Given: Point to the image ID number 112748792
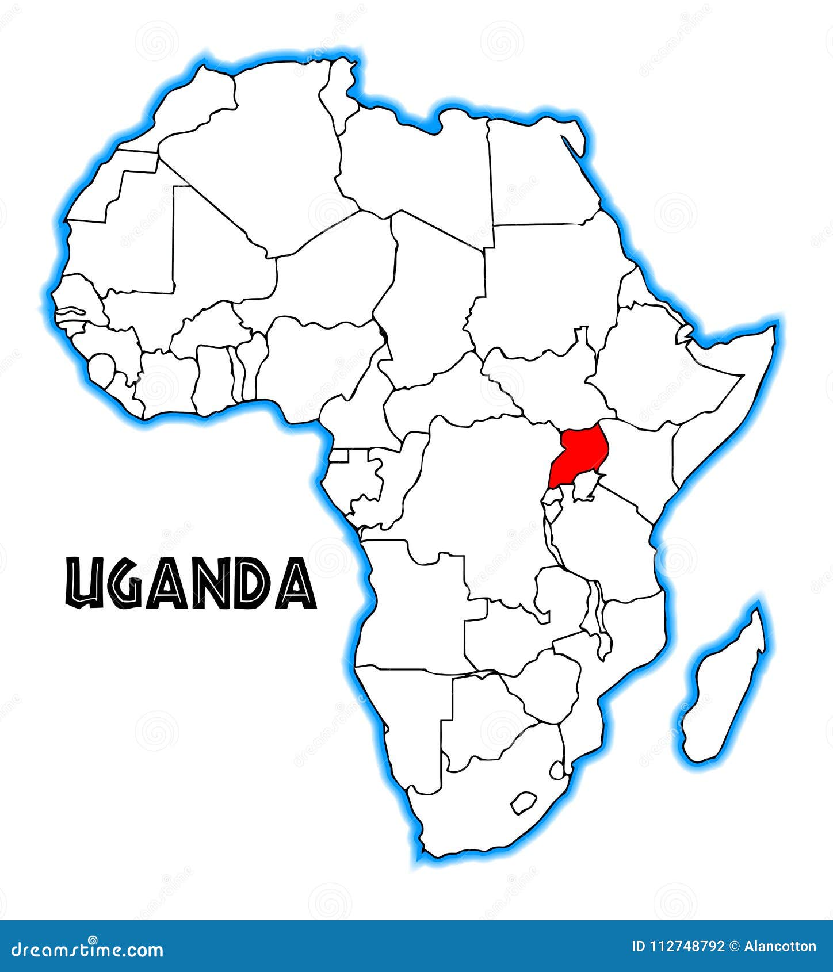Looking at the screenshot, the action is pos(686,947).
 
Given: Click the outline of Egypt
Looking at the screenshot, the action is pos(538,173).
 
